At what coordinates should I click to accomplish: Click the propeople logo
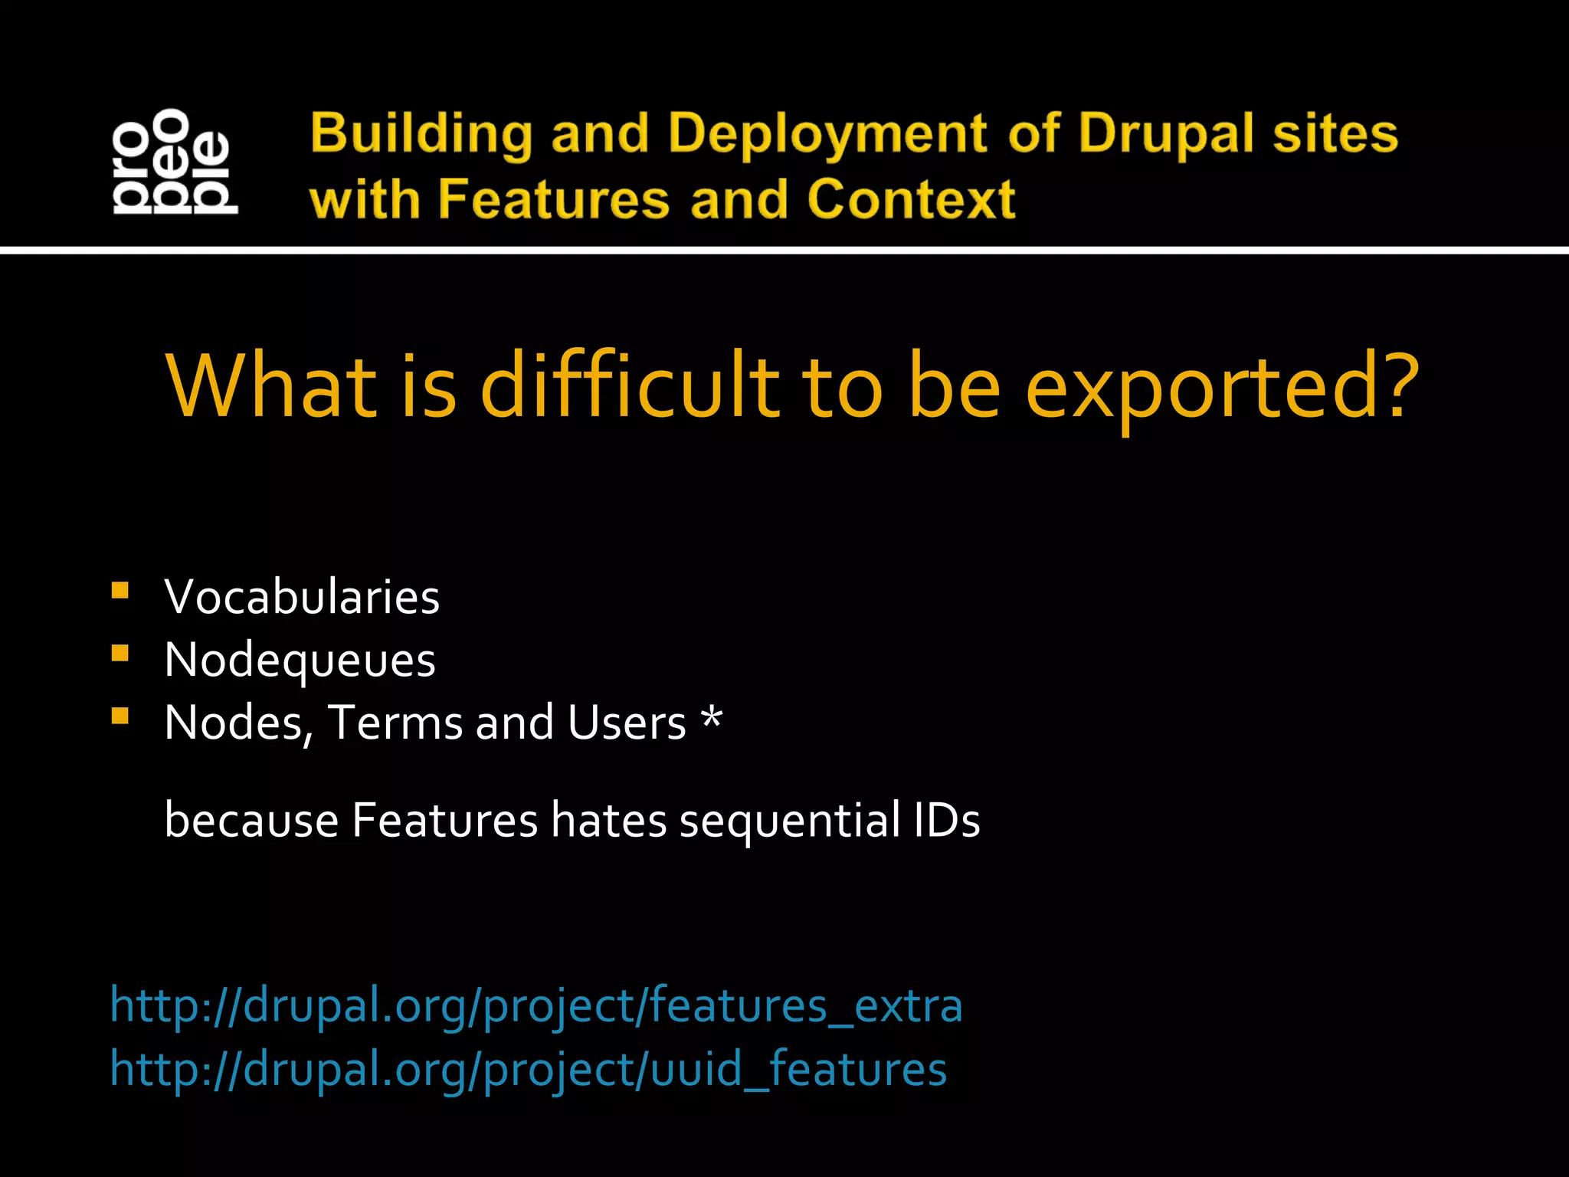pos(175,162)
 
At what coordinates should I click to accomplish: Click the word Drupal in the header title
pos(1166,133)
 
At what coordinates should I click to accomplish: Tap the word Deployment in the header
pos(827,135)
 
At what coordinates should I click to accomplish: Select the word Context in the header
pos(911,199)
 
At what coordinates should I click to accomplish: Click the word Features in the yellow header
pos(555,199)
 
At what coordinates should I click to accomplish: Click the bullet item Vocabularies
pos(302,597)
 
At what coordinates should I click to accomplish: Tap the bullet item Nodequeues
pos(300,660)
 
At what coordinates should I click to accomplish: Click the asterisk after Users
pos(712,719)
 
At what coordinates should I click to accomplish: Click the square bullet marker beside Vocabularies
pos(120,591)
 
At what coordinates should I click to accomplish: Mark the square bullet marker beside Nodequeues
pos(120,653)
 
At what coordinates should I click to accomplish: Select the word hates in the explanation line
pos(609,821)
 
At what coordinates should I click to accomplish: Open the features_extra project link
pos(536,1005)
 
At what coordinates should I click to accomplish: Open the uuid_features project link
pos(528,1069)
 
